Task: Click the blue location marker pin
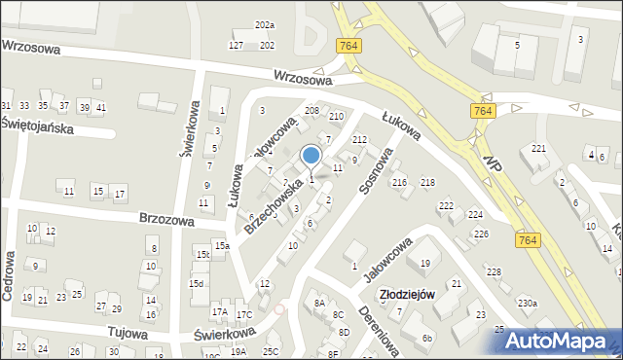click(x=311, y=156)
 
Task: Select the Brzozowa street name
click(x=165, y=220)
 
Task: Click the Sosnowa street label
click(x=374, y=173)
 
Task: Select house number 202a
click(x=265, y=24)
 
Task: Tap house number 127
click(x=237, y=46)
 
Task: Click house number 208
click(x=311, y=111)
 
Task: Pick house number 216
click(x=399, y=183)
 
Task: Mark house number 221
click(x=538, y=149)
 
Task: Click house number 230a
click(x=527, y=303)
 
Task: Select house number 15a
click(x=223, y=246)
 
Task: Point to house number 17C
click(x=244, y=314)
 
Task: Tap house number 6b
click(x=426, y=339)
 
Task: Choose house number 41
click(x=101, y=106)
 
